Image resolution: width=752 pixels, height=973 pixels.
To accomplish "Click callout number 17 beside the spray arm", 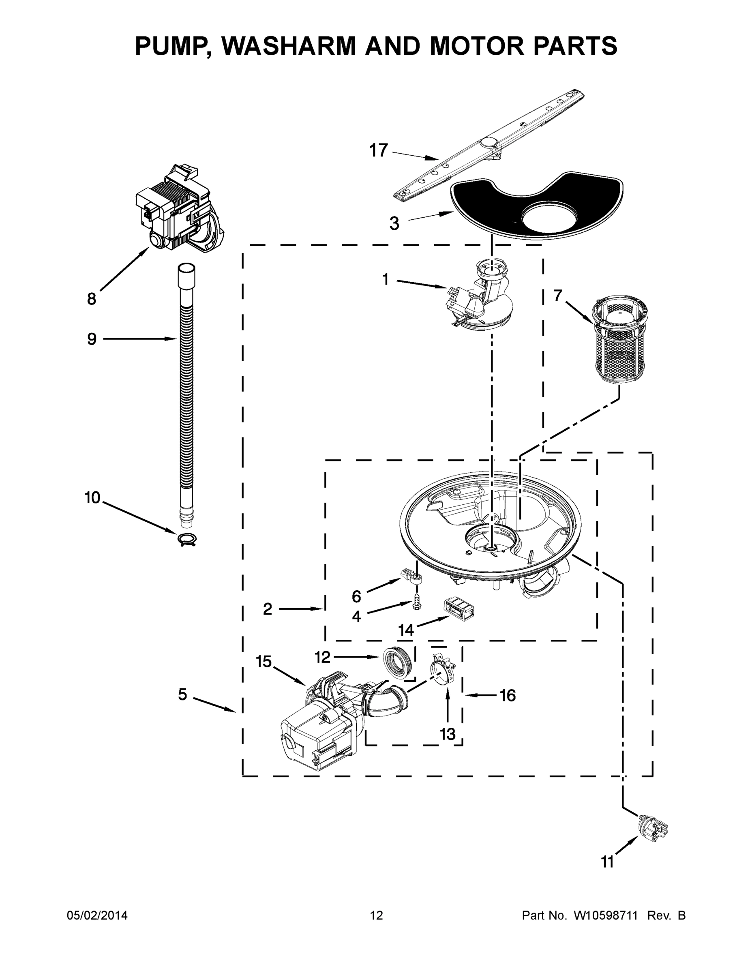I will (378, 150).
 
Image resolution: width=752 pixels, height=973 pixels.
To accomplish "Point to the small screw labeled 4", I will (418, 602).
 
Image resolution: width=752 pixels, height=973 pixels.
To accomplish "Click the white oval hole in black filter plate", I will (548, 216).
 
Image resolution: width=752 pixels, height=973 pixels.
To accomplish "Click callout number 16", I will (508, 695).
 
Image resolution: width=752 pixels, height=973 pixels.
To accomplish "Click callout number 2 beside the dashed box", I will (267, 609).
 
